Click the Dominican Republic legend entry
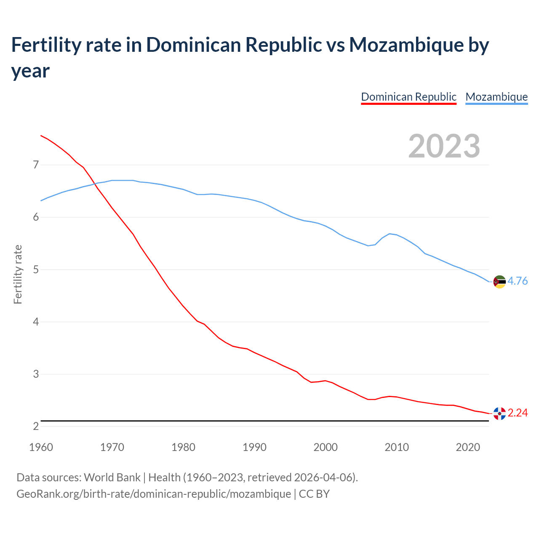coord(408,97)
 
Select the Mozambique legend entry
coord(496,97)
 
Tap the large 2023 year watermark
coord(444,146)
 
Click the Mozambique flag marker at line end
coord(499,282)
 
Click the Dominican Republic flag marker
coord(499,414)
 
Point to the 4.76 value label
coord(518,281)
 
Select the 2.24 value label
coord(518,413)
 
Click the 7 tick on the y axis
coord(36,165)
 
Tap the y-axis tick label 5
coord(36,269)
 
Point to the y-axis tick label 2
coord(36,427)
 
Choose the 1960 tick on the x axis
coord(41,447)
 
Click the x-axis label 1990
coord(254,447)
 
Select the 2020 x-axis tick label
coord(468,447)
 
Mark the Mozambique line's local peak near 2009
coord(390,233)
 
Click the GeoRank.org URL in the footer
coord(154,494)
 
